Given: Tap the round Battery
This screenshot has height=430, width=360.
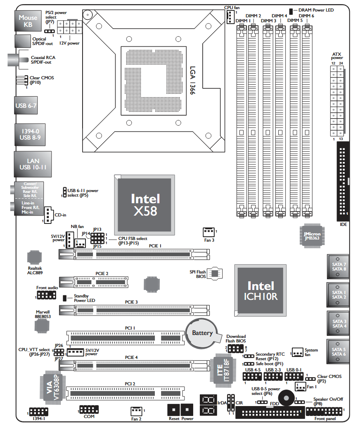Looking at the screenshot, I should point(202,333).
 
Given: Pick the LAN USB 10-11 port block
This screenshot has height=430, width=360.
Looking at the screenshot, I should point(33,164).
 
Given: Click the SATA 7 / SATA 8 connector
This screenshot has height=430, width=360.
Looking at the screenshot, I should point(339,266).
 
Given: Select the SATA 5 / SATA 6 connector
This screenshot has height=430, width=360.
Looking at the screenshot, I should point(339,352).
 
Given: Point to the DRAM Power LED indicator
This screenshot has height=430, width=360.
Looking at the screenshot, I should point(291,10).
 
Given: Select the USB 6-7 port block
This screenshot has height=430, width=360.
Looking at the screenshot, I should point(26,106).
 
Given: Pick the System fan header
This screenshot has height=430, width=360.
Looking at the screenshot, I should point(297,352).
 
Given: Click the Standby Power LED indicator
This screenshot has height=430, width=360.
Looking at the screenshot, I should point(65,298).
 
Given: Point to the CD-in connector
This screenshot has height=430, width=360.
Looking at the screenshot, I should point(48,214).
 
